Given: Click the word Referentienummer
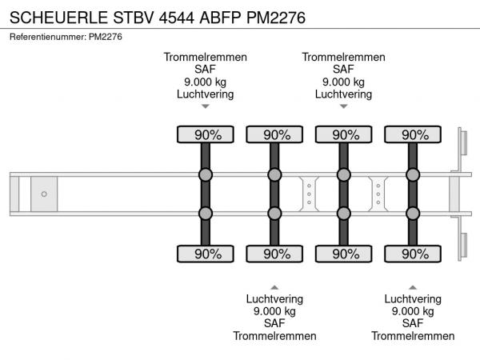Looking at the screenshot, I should coord(45,37).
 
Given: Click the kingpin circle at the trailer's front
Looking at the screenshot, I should coord(44,194).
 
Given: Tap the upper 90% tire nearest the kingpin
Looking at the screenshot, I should coord(206,134).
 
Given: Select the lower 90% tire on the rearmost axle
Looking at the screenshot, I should coord(413,254).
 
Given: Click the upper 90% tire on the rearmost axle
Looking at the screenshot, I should coord(413,134).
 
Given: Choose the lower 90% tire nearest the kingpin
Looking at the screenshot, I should coord(206,254).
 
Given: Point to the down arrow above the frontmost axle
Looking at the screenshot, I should coord(206,106).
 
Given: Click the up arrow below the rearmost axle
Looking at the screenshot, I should coord(413,286).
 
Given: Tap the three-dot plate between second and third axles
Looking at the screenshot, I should coord(309,194).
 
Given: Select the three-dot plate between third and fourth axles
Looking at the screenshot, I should coord(378,194).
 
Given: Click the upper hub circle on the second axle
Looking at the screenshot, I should coord(274,174).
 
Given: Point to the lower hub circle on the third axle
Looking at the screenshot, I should coord(344,213).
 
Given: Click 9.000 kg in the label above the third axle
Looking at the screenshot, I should coord(344,82).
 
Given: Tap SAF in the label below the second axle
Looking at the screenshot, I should coord(274,323).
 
